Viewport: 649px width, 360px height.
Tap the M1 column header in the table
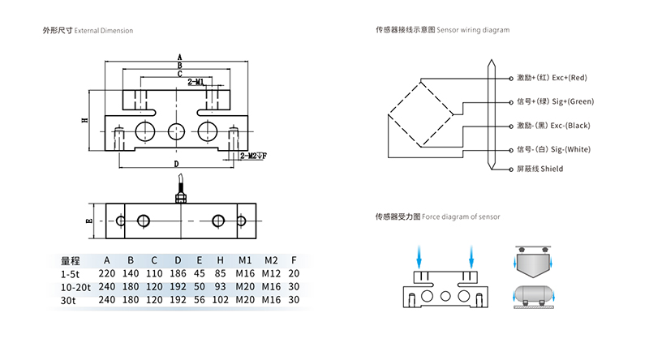point(245,260)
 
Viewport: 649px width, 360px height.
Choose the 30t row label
point(67,300)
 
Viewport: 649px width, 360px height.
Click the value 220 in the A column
point(106,274)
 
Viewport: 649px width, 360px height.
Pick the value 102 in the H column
point(221,300)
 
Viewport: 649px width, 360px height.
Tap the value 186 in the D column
point(178,274)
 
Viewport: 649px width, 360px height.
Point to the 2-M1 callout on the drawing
point(196,83)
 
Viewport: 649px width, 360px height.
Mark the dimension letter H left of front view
point(84,120)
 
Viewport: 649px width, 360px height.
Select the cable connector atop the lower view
point(180,194)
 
